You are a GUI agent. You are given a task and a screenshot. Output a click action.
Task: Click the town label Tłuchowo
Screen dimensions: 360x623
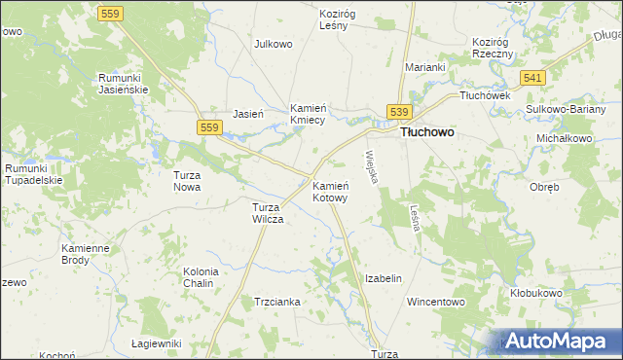[x=428, y=132]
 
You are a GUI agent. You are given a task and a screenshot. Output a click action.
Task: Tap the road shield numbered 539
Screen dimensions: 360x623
[x=400, y=113]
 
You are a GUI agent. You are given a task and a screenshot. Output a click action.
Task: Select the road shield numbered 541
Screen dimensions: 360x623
[x=531, y=77]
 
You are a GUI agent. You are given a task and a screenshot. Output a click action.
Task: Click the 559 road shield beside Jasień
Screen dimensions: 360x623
[x=208, y=127]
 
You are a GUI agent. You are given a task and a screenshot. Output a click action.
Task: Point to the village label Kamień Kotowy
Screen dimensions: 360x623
[x=330, y=191]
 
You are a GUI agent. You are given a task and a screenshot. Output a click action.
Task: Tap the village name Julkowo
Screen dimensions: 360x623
[x=274, y=44]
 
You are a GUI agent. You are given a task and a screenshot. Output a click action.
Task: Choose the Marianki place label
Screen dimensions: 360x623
[x=425, y=67]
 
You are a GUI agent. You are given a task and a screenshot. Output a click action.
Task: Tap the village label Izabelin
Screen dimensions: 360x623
[x=383, y=278]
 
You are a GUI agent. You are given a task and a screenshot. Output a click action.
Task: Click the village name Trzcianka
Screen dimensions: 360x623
[x=277, y=303]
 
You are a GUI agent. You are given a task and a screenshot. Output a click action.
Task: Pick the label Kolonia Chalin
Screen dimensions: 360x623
[x=201, y=277]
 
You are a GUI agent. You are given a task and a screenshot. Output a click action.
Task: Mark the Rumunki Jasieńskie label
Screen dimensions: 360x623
[x=122, y=83]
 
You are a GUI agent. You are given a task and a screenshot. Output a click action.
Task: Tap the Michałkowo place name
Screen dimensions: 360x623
[x=565, y=138]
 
